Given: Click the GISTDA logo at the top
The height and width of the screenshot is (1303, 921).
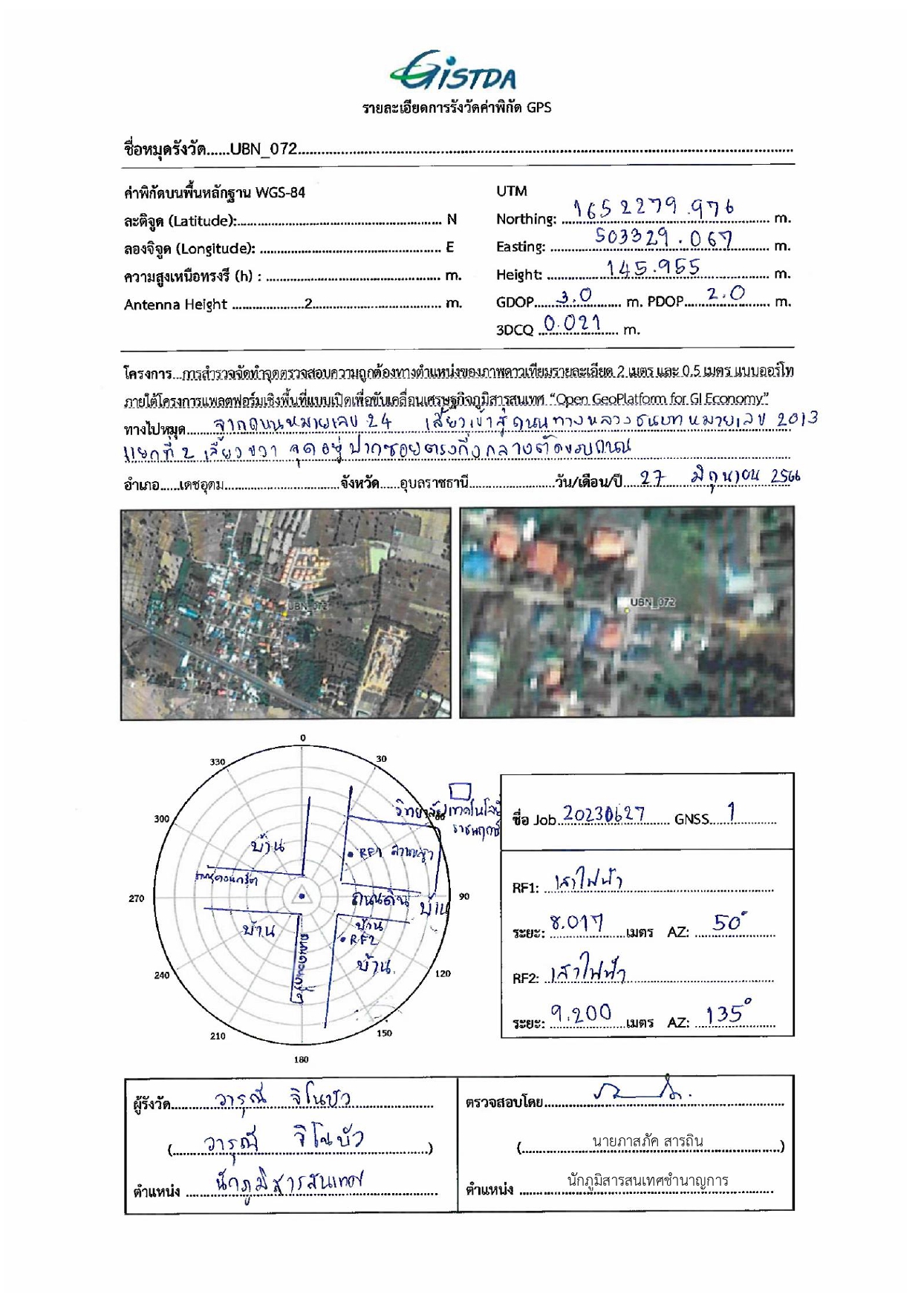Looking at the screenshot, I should [454, 71].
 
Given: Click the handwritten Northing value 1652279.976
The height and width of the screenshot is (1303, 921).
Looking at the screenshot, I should [654, 209].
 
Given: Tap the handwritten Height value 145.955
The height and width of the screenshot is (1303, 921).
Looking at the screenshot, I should [653, 267].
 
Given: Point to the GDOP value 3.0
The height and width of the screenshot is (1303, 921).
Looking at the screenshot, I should [576, 296].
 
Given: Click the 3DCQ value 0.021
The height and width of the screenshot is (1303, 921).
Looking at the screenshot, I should [571, 323].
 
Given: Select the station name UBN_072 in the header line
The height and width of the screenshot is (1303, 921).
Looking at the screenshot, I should [263, 148].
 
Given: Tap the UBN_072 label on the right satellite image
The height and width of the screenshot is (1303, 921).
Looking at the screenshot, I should [652, 602].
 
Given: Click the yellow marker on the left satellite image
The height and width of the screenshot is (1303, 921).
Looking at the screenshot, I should [284, 614].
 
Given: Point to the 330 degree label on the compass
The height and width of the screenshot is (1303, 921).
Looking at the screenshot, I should [217, 762].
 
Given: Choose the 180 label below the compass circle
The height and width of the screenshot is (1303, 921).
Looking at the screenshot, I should [301, 1059].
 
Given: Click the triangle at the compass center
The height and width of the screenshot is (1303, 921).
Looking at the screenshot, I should [302, 895].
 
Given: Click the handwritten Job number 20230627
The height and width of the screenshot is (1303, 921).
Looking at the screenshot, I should [603, 814].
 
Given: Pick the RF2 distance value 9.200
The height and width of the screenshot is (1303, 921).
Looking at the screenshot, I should [581, 1013].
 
